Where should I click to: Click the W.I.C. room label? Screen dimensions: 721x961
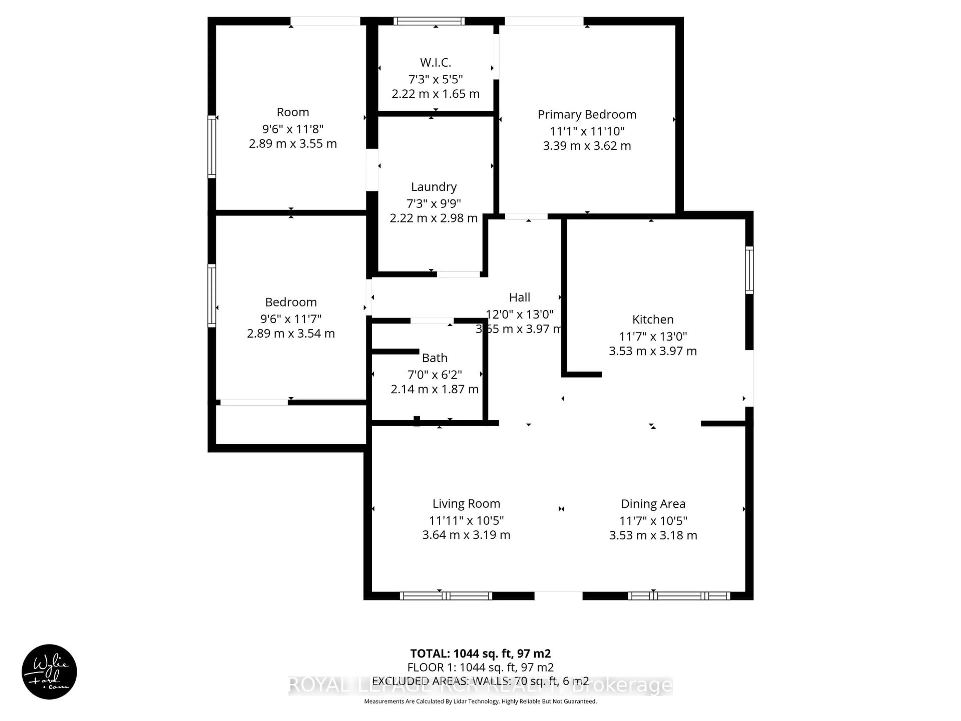(x=435, y=63)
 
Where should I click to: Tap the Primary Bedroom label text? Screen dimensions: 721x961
(x=587, y=114)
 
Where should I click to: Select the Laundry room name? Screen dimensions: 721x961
(x=434, y=187)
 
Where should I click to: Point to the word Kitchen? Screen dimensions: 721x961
(x=652, y=319)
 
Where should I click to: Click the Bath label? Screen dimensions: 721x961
(x=434, y=358)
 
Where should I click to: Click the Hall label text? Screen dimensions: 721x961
(x=520, y=297)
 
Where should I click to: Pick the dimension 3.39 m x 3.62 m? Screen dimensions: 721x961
(x=587, y=146)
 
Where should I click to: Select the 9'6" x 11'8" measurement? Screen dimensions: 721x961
(x=293, y=129)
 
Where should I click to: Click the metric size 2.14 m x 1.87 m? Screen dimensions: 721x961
(x=434, y=389)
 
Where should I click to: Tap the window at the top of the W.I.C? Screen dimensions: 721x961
(x=429, y=21)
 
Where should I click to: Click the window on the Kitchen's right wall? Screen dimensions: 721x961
(x=749, y=270)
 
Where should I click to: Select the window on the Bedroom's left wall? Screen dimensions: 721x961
(x=211, y=295)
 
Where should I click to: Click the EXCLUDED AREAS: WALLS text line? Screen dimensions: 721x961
(x=480, y=681)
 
